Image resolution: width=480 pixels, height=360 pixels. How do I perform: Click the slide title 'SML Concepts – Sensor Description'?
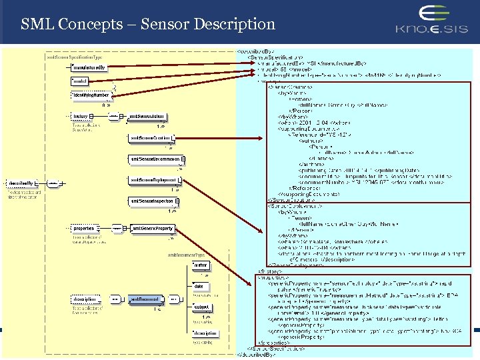click(147, 25)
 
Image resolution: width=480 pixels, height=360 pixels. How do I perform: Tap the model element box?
click(80, 81)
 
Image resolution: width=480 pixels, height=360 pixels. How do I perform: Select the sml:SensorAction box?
click(147, 117)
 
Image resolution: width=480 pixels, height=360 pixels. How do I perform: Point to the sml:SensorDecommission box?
click(155, 159)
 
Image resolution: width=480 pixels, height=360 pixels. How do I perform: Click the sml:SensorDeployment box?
click(153, 180)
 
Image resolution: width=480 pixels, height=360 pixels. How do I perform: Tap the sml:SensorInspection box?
click(151, 201)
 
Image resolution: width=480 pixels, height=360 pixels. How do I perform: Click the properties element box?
click(83, 229)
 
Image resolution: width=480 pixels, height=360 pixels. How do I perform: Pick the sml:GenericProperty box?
click(151, 229)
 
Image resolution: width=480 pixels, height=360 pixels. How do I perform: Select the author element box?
click(201, 265)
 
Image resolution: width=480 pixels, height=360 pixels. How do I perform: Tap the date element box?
click(199, 286)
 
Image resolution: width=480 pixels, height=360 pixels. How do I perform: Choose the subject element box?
click(201, 307)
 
